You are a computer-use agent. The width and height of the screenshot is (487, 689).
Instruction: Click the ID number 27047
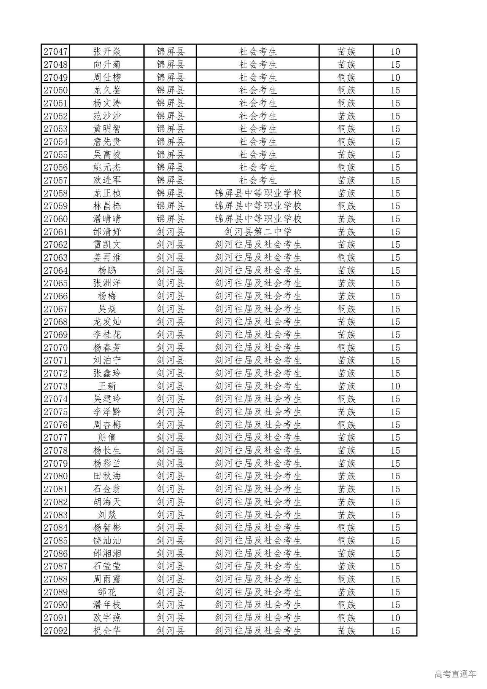[x=55, y=51]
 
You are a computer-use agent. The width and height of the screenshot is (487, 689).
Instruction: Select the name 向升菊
[x=107, y=64]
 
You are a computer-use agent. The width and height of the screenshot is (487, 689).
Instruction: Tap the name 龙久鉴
[x=107, y=90]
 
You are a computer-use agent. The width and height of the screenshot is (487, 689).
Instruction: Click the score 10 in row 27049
[x=395, y=77]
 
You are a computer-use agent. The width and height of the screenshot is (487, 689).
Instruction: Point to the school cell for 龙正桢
[x=258, y=193]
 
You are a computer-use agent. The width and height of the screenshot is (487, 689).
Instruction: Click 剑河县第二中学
[x=258, y=232]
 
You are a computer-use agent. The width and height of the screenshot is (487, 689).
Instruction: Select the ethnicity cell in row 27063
[x=346, y=257]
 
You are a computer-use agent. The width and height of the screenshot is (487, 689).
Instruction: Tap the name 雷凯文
[x=107, y=244]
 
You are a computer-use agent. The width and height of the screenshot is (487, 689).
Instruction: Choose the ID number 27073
[x=55, y=386]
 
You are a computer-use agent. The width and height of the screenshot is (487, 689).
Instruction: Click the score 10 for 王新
[x=395, y=386]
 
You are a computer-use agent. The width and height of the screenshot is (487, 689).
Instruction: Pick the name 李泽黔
[x=107, y=412]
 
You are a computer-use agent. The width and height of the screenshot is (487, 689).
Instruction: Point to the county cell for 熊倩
[x=170, y=437]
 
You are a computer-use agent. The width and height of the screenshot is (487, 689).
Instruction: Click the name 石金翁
[x=107, y=489]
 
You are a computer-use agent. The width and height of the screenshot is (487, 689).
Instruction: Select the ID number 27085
[x=55, y=541]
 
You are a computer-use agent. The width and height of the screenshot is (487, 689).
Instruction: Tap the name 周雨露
[x=107, y=579]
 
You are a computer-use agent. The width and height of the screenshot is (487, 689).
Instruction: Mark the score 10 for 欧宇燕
[x=395, y=617]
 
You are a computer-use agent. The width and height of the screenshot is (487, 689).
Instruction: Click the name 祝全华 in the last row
[x=107, y=630]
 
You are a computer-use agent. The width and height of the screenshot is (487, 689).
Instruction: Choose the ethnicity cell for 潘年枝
[x=346, y=604]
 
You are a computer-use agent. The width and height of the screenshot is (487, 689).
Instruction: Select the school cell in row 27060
[x=258, y=219]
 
